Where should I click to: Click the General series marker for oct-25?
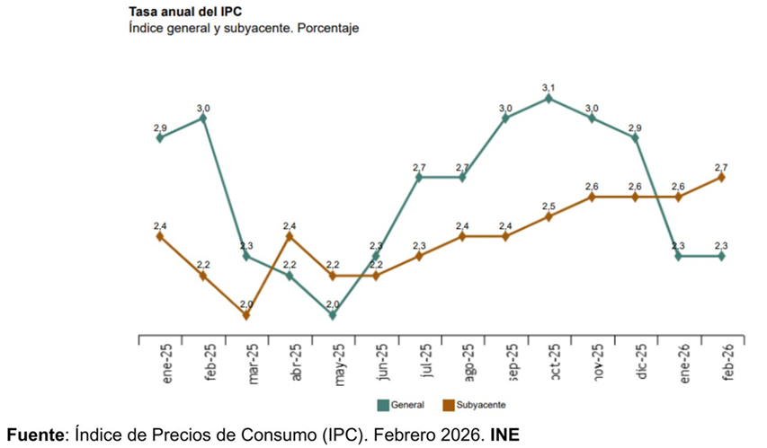(x=548, y=99)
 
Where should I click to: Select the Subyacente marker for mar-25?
(x=246, y=315)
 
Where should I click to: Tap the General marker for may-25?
(x=333, y=315)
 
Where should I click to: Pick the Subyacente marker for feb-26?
(x=721, y=178)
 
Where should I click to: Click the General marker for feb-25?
(x=203, y=118)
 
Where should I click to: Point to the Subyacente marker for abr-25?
(x=290, y=236)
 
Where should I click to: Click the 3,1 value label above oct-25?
(x=548, y=87)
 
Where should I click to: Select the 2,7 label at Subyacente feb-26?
(x=721, y=166)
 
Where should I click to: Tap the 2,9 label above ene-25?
(x=160, y=127)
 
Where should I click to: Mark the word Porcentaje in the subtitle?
(x=326, y=29)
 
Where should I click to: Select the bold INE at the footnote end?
(x=504, y=433)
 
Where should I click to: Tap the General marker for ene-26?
(x=678, y=256)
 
